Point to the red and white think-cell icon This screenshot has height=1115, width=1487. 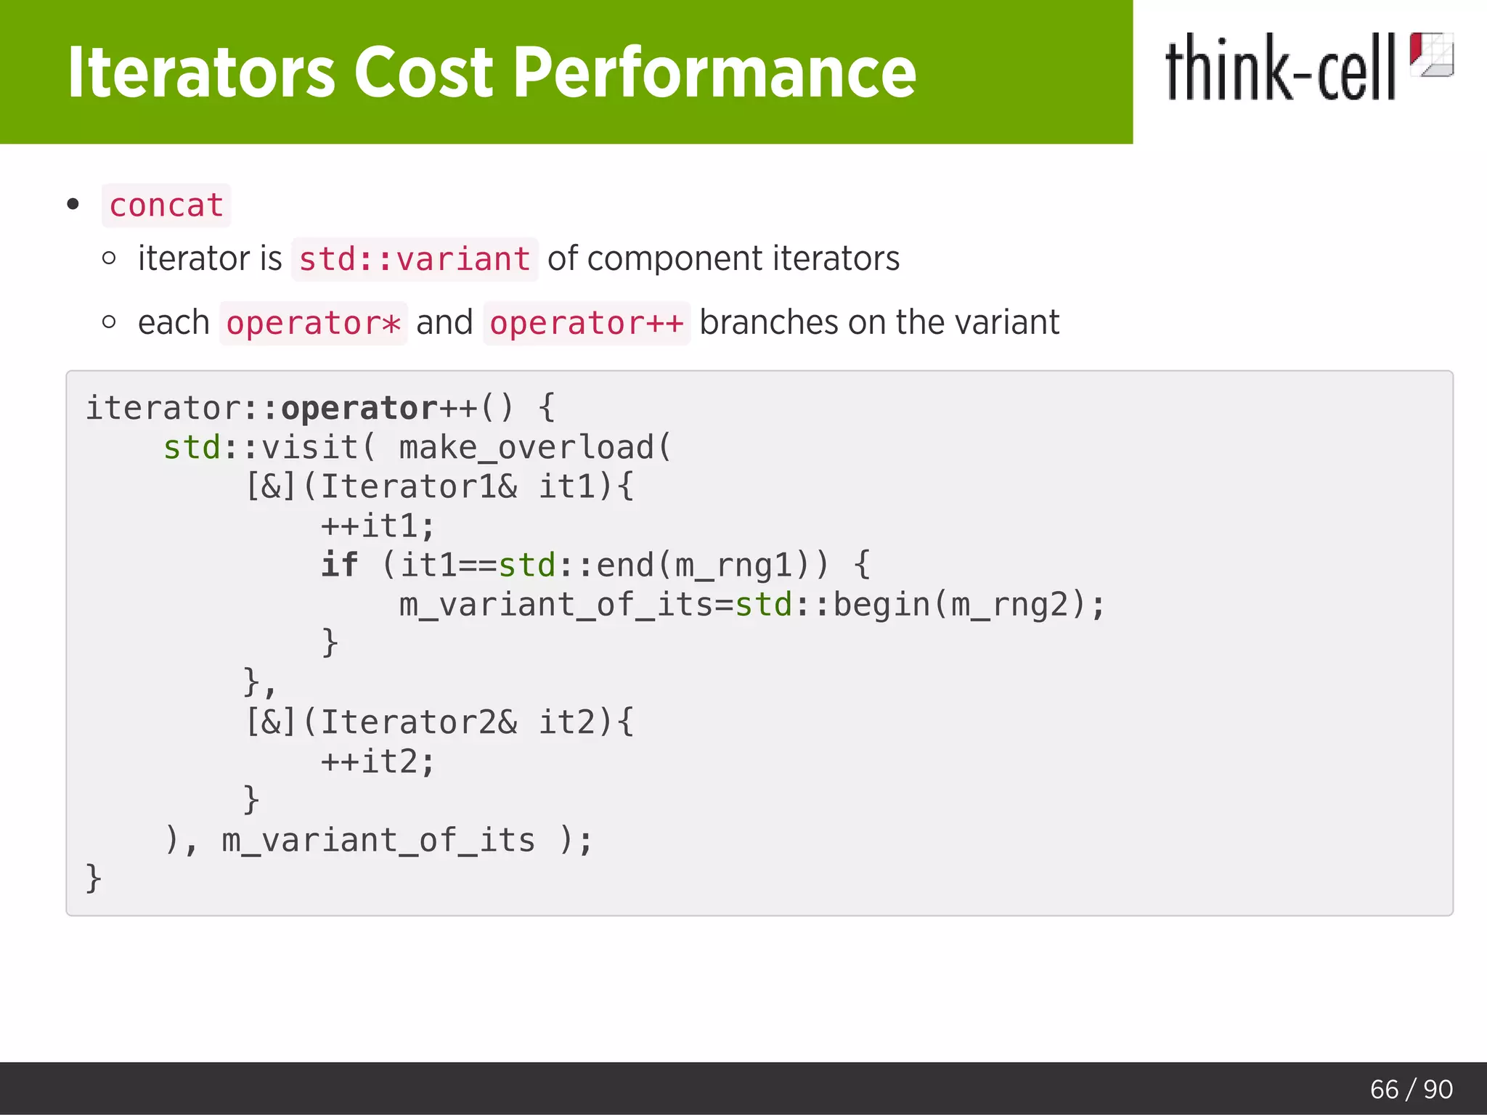pos(1431,54)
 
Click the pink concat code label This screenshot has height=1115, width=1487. pos(166,205)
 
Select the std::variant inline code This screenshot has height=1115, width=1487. pos(415,259)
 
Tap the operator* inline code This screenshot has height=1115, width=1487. pos(313,323)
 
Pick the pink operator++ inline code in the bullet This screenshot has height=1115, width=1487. pos(586,323)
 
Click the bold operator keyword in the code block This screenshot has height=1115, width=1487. pos(359,408)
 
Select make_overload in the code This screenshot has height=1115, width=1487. pos(527,447)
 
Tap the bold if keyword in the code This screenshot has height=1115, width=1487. pos(339,565)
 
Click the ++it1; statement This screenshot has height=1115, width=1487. pos(378,526)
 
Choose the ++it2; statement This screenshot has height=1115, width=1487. pos(378,761)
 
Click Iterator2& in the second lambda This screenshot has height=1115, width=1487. pos(419,722)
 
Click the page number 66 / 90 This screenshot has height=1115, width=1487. pos(1411,1089)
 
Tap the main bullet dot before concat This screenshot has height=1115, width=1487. pos(73,205)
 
